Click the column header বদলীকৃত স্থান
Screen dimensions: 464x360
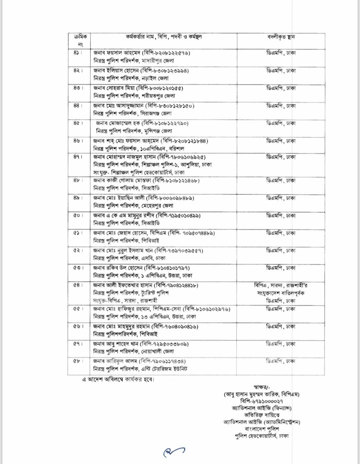coord(281,37)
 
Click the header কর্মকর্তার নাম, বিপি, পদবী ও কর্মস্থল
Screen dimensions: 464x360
coord(164,37)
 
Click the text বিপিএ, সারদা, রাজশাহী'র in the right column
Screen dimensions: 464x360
coord(281,285)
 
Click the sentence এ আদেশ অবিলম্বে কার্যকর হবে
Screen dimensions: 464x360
coord(118,379)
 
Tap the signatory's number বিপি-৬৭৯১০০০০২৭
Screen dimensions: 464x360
coord(261,401)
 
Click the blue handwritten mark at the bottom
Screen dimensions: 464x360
coord(174,451)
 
